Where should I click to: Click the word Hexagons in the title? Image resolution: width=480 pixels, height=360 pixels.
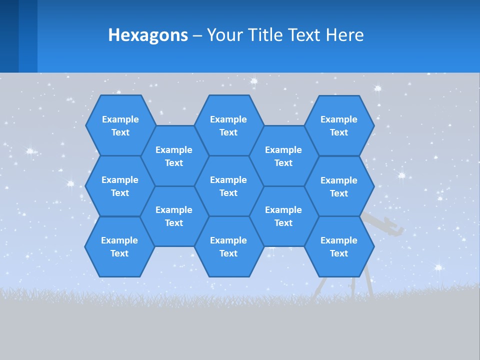point(148,35)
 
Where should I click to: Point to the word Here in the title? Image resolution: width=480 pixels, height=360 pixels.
point(344,35)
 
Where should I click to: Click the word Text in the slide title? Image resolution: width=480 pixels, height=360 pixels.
point(304,35)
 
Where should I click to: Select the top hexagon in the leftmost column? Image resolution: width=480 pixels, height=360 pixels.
point(120,125)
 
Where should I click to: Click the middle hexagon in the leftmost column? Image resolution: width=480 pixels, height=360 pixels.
point(120,186)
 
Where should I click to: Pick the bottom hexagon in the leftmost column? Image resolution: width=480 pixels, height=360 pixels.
point(119,246)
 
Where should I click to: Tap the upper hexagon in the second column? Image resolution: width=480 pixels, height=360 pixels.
point(174,156)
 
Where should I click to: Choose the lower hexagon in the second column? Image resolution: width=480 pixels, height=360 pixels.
point(174,216)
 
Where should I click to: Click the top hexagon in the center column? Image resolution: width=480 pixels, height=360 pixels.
point(228,125)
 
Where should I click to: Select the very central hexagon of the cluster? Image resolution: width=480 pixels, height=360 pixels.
point(228,186)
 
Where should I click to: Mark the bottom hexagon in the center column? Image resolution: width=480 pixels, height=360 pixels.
point(228,246)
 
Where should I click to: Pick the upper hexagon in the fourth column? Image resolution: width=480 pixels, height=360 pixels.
point(283,156)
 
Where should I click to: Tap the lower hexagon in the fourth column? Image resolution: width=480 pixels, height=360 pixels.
point(283,216)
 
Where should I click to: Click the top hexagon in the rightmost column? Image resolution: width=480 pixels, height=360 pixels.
point(339,125)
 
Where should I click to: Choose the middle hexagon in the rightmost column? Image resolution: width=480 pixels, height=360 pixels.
point(339,186)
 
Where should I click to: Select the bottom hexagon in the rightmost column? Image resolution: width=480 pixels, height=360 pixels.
point(339,246)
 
